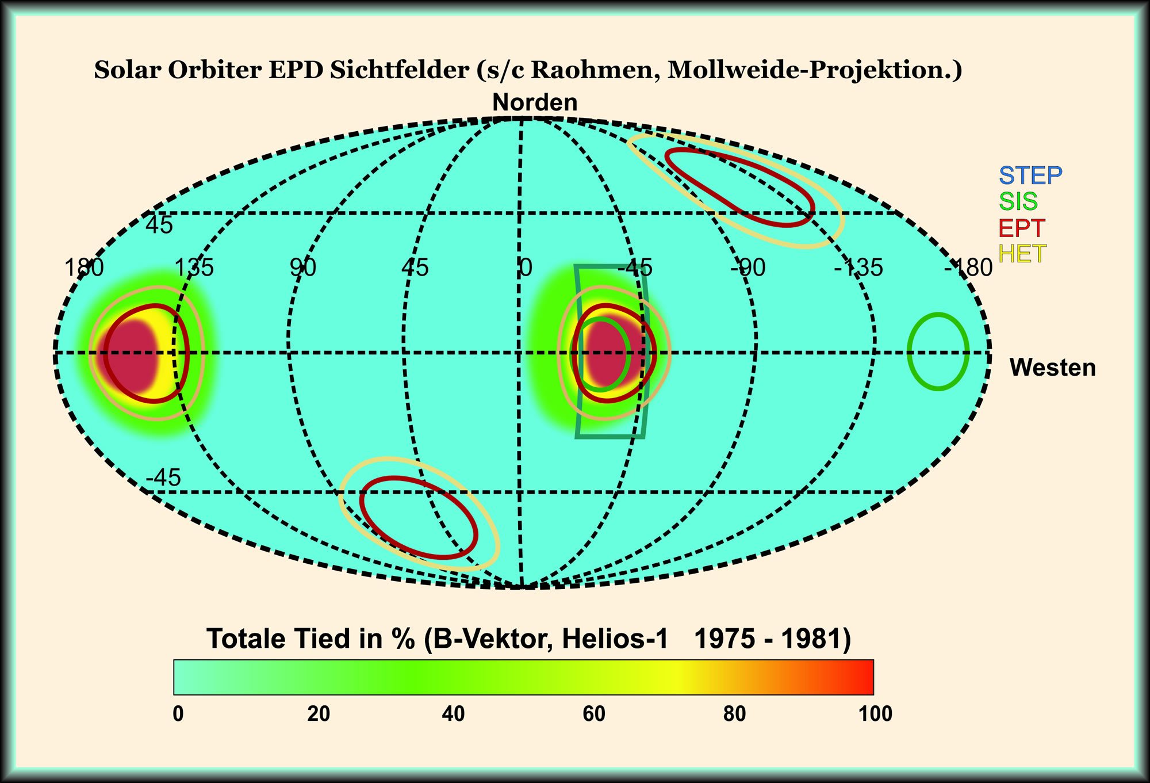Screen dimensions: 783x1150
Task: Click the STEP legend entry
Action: click(1030, 175)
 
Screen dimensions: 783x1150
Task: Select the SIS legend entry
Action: click(1018, 201)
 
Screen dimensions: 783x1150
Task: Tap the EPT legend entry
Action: click(1022, 228)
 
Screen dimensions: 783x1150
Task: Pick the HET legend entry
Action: click(1022, 254)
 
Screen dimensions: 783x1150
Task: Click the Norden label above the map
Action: click(535, 102)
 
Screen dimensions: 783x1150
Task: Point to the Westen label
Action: click(1052, 368)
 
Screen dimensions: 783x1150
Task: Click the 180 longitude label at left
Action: click(84, 268)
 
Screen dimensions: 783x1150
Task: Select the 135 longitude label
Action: click(194, 268)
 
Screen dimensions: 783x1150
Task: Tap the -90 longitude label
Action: click(748, 268)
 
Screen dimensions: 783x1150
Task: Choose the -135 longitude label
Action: click(858, 268)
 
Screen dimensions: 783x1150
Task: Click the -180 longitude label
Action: click(968, 268)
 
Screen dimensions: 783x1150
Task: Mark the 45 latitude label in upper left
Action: click(159, 226)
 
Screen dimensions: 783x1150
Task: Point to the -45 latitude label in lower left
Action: click(163, 478)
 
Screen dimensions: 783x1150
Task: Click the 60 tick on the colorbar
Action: click(594, 714)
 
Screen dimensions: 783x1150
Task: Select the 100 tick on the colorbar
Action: click(875, 714)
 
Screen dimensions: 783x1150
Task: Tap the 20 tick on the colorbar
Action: click(319, 714)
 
